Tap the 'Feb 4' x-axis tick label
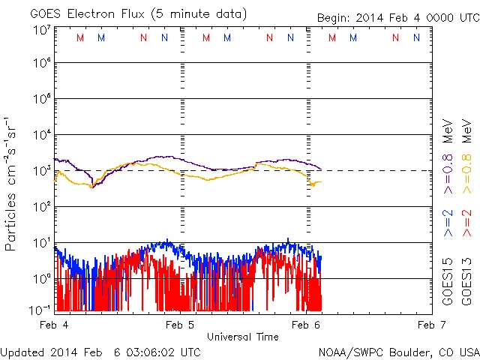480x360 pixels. (54, 325)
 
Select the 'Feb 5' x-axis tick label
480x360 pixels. (179, 325)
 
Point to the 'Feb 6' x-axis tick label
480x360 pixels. (306, 325)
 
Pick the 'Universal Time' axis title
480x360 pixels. (242, 337)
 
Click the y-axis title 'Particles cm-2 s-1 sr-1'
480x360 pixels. (13, 183)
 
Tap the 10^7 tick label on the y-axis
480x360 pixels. (41, 30)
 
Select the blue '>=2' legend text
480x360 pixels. (448, 223)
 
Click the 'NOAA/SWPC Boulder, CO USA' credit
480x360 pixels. (398, 352)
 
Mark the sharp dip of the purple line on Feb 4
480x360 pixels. (92, 184)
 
